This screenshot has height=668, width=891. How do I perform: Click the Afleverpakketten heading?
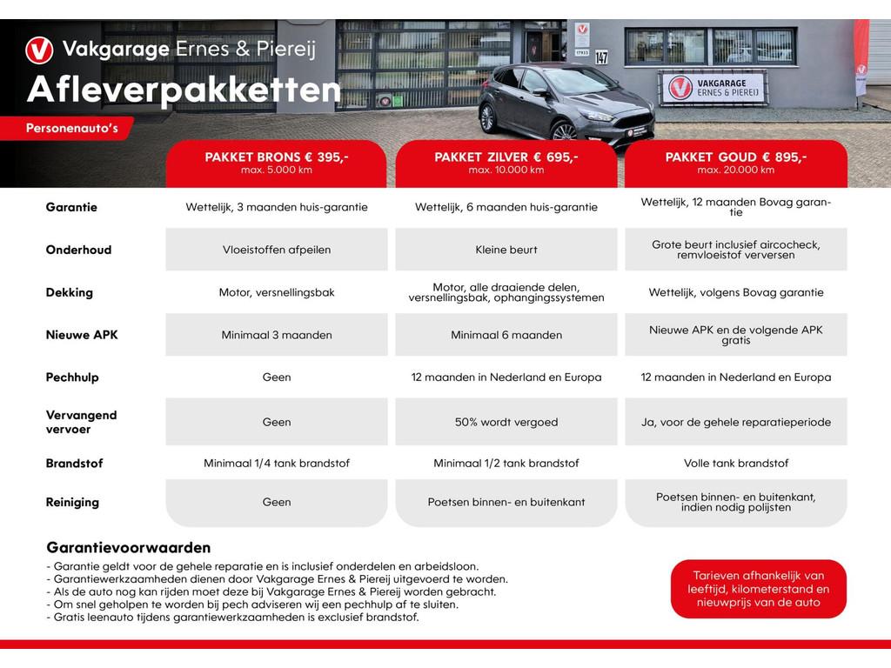tap(184, 90)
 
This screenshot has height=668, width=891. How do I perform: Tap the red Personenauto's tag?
tap(71, 129)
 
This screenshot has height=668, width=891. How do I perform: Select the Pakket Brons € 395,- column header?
tap(277, 163)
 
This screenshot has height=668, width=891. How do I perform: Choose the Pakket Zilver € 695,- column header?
tap(506, 163)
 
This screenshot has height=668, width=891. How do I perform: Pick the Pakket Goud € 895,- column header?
tap(736, 163)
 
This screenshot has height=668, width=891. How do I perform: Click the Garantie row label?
tap(71, 208)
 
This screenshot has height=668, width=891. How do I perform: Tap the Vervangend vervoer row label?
tap(81, 422)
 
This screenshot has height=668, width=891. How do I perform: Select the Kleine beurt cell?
tap(506, 250)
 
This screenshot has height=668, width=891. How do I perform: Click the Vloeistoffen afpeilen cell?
tap(277, 250)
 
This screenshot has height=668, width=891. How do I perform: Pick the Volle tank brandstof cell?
tap(736, 464)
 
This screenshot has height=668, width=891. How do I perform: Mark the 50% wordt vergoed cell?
tap(506, 422)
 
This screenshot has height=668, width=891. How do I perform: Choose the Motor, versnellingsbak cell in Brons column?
tap(277, 293)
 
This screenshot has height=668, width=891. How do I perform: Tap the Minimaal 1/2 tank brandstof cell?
tap(506, 464)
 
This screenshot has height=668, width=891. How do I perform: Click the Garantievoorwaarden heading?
tap(128, 548)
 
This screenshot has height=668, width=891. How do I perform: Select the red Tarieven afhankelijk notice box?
tap(758, 589)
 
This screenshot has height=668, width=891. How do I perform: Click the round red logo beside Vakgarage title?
tap(39, 49)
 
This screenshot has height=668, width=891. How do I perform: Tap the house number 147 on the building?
tap(601, 58)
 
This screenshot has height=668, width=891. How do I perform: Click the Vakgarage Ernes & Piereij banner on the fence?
tap(713, 88)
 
